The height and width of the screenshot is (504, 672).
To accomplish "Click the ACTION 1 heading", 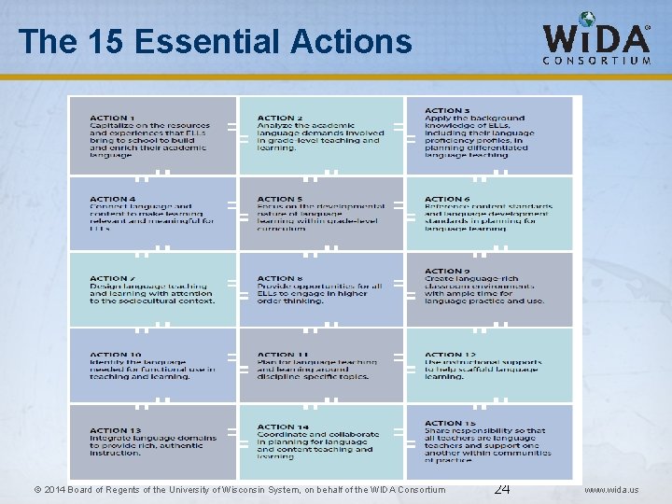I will [112, 118].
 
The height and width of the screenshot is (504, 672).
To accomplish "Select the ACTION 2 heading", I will [280, 119].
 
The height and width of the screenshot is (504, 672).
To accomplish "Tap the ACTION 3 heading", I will [448, 110].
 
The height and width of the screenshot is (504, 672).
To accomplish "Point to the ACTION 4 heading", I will [112, 199].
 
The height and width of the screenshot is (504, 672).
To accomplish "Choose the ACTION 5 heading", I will [280, 199].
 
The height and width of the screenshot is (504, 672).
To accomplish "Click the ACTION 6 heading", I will [448, 199].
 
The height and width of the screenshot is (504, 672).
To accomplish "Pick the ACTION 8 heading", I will [280, 278].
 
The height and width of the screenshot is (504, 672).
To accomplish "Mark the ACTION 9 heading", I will [448, 271].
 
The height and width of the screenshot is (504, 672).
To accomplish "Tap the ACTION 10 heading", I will [116, 355].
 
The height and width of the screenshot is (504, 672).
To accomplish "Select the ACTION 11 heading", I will [283, 355].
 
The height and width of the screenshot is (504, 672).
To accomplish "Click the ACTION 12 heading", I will [451, 355].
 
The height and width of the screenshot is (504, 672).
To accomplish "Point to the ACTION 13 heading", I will [116, 430].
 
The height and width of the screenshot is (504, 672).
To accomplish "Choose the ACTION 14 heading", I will [283, 427].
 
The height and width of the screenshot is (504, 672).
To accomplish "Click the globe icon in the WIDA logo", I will [586, 20].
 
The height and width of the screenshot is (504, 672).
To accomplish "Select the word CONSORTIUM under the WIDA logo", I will [597, 61].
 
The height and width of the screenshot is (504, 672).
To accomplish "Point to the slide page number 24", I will [501, 488].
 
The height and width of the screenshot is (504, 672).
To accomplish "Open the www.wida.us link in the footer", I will [611, 490].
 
